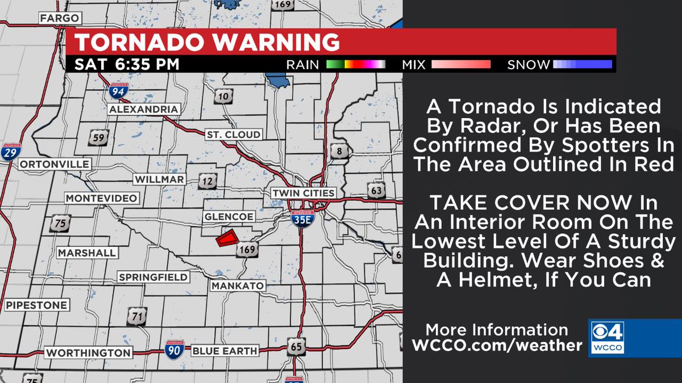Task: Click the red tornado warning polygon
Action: click(226, 238)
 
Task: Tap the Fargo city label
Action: click(59, 19)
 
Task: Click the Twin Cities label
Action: click(303, 192)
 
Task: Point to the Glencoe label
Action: click(229, 217)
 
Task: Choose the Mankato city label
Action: click(238, 286)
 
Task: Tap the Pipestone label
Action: click(37, 305)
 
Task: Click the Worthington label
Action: click(88, 352)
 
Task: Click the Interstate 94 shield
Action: click(119, 90)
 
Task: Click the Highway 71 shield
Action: click(137, 317)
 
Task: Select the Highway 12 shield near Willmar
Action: click(207, 182)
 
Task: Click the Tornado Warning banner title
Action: click(207, 43)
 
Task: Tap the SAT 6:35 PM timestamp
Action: click(127, 64)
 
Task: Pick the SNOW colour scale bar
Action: click(583, 65)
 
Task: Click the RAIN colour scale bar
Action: click(356, 65)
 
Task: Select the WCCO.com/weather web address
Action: click(497, 345)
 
